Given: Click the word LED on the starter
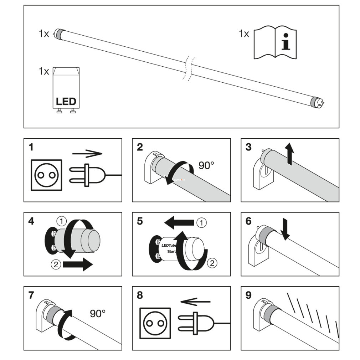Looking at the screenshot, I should tap(66, 101).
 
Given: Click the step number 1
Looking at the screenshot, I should tap(31, 147).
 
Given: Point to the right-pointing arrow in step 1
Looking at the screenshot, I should tap(87, 154).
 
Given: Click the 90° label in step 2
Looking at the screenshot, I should tap(207, 165).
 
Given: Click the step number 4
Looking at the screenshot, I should tap(32, 221).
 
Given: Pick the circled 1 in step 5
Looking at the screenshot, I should tap(201, 223).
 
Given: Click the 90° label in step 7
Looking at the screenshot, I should tap(98, 314).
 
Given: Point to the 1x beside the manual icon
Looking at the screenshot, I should tap(244, 34).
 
